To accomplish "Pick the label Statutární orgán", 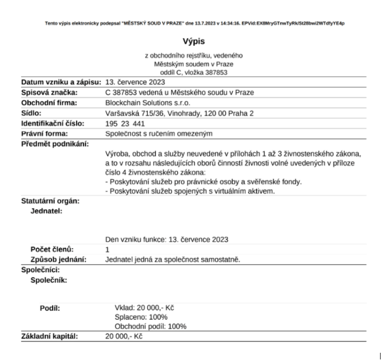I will point(50,201).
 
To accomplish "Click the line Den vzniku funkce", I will point(166,239).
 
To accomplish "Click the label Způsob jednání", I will point(59,260).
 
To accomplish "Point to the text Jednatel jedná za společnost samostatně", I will point(172,260).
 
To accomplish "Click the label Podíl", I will point(50,307).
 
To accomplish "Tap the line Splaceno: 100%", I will point(141,317).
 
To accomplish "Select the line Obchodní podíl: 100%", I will point(150,327).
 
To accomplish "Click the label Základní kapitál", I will point(50,337).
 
